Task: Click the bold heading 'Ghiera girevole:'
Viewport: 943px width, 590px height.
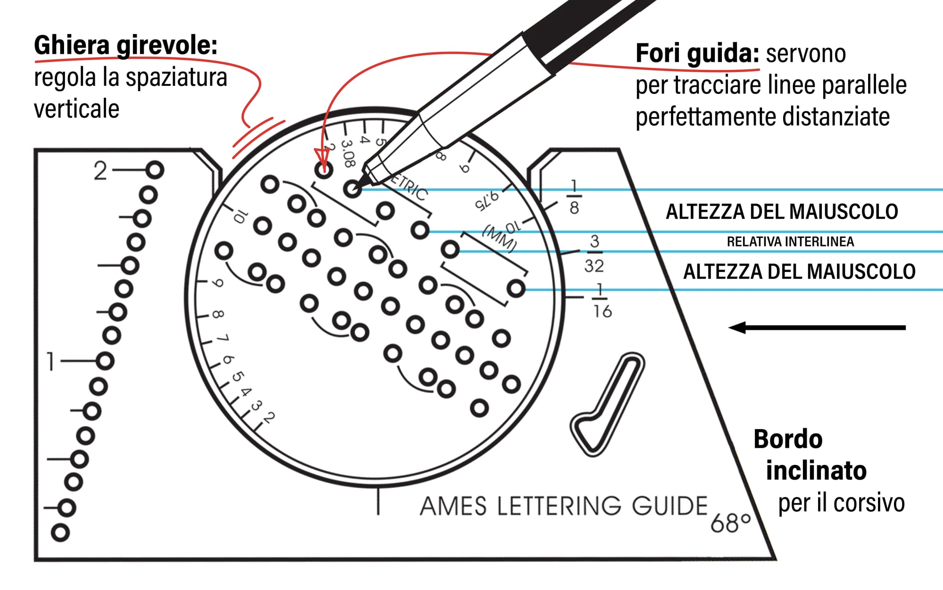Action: (x=125, y=46)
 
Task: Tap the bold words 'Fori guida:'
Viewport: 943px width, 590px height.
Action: (x=697, y=54)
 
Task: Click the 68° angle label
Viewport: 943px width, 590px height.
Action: (x=730, y=523)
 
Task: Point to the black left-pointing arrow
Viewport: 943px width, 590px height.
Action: (x=817, y=328)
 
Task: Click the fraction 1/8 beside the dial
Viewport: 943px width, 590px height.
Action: (x=574, y=197)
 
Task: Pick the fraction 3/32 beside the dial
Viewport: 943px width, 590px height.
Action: (x=594, y=254)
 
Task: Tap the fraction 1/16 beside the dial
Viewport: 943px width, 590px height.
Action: (x=602, y=301)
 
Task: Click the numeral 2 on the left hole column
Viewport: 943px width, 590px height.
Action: (x=100, y=171)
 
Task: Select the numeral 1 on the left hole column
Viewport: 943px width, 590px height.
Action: (x=51, y=362)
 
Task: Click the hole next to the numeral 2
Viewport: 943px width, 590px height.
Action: (x=155, y=170)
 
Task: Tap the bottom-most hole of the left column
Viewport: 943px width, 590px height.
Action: (x=60, y=532)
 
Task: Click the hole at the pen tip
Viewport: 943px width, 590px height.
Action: (x=352, y=190)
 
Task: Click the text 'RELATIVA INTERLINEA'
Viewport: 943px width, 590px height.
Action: (x=790, y=242)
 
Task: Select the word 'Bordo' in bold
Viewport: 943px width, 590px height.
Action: (x=788, y=439)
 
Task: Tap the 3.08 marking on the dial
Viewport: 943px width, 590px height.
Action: (x=347, y=153)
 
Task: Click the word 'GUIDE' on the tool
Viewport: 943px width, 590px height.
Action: (x=670, y=506)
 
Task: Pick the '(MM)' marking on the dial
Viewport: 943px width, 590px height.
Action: (x=500, y=239)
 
